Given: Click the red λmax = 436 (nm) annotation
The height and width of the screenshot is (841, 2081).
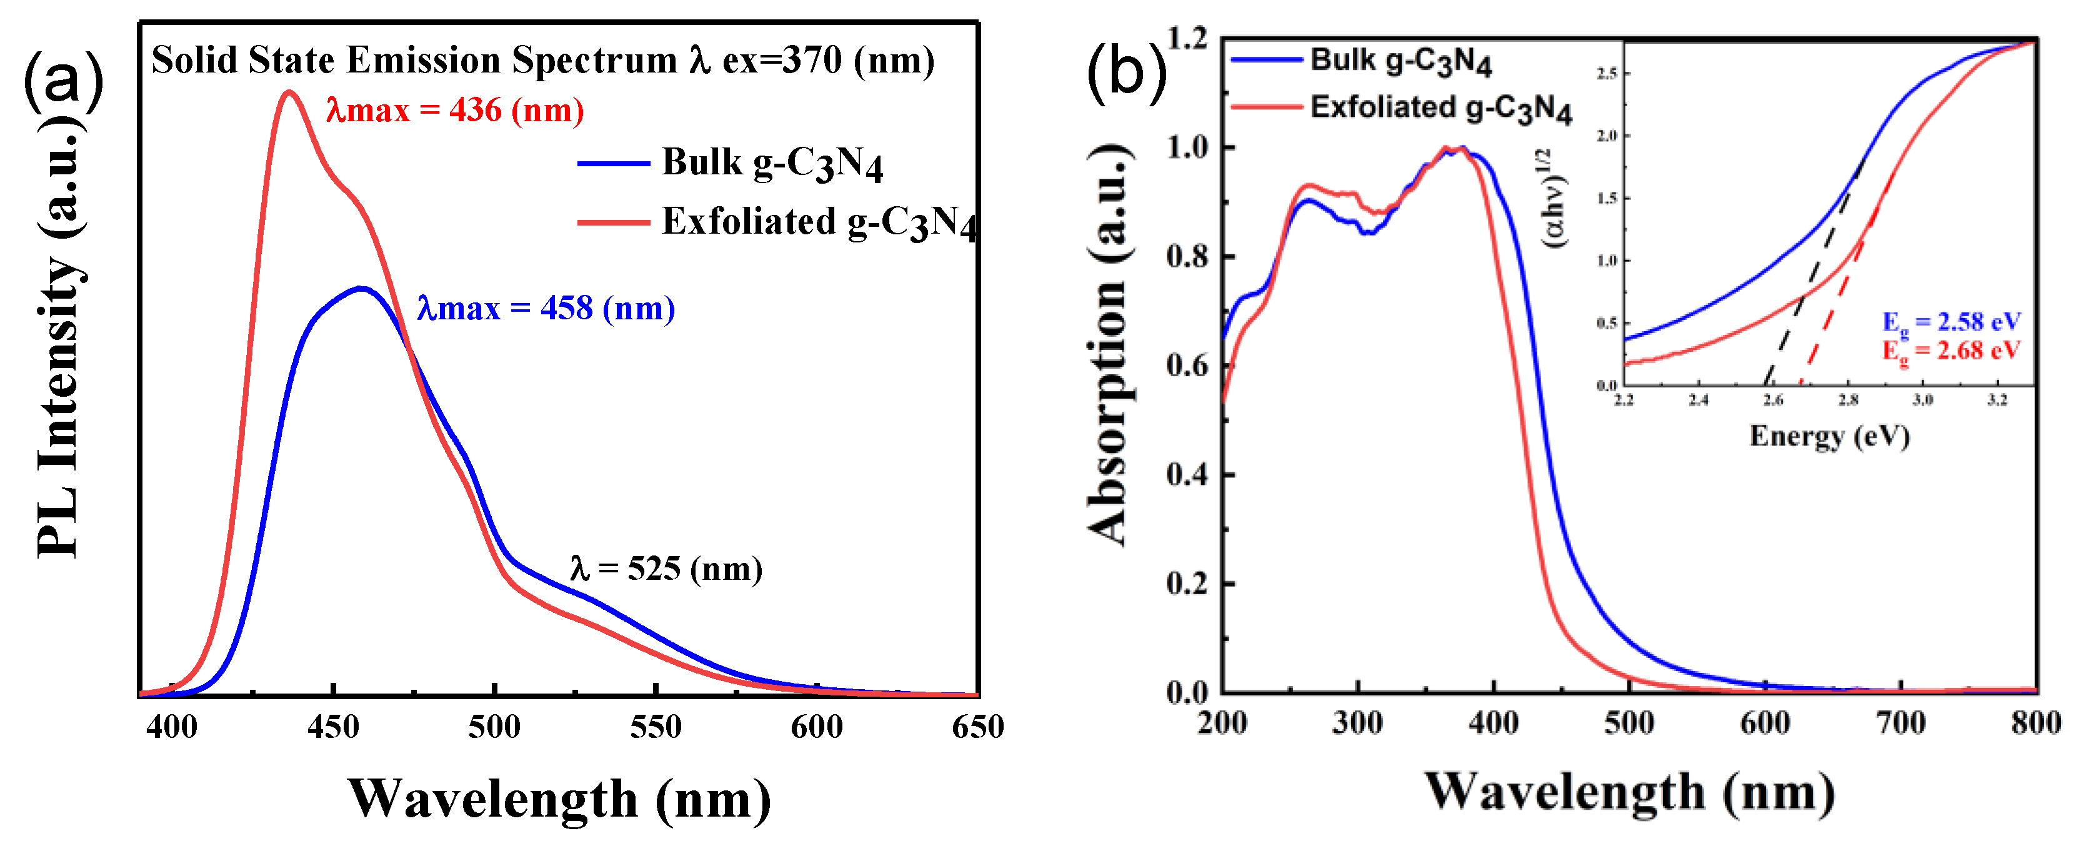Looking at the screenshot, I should (x=455, y=110).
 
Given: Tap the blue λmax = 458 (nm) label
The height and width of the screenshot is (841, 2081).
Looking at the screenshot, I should (x=546, y=308).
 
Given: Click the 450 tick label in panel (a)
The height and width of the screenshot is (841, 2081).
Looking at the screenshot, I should (x=333, y=727).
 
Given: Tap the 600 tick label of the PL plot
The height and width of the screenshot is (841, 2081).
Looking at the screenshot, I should (x=817, y=727).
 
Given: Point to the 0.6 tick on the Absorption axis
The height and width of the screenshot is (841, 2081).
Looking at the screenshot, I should (x=1187, y=366).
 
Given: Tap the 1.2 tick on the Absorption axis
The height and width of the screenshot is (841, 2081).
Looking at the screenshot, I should (x=1187, y=38).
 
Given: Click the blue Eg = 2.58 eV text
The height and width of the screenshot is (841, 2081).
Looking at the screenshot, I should (x=1951, y=322).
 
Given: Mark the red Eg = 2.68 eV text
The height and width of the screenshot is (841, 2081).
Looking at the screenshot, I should (x=1951, y=351).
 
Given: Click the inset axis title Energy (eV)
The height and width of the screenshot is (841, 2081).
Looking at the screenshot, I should (x=1829, y=436).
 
